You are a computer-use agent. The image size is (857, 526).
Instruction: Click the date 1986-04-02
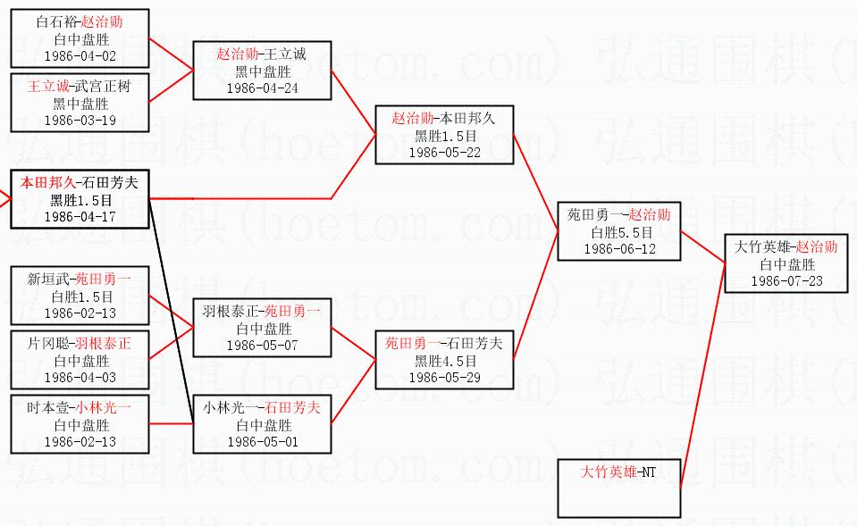(x=80, y=56)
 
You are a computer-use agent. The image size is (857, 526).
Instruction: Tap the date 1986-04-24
(x=263, y=88)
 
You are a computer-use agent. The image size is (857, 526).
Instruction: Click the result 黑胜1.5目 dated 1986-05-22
(x=445, y=136)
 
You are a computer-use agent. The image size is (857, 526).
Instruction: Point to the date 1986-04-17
(x=80, y=217)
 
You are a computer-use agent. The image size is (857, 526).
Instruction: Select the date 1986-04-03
(x=80, y=378)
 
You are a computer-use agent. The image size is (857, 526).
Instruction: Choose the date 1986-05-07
(x=263, y=346)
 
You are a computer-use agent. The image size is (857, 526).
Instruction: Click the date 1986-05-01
(x=263, y=442)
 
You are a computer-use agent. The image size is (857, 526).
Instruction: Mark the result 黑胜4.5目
(x=445, y=361)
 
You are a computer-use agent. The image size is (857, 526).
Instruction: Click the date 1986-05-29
(x=445, y=378)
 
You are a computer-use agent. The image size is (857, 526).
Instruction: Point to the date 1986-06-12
(x=620, y=249)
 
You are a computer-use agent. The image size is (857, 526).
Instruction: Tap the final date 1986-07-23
(x=786, y=281)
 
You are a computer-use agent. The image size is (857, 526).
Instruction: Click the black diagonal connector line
(x=171, y=312)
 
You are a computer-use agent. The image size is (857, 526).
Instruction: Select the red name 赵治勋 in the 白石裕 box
(x=102, y=21)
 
